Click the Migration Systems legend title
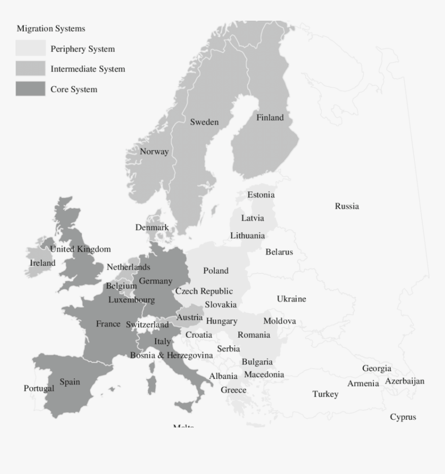pos(51,28)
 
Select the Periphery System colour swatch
pos(31,49)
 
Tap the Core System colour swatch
pos(31,89)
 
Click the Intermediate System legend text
pos(87,69)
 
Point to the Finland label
pos(270,117)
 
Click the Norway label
pos(154,151)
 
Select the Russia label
pos(347,206)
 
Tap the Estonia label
pos(261,195)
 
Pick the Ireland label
pos(42,263)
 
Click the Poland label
pos(216,270)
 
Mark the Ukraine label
pos(291,299)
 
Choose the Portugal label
pos(39,388)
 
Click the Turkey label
pos(325,394)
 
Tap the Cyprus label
pos(403,417)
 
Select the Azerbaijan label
pos(405,381)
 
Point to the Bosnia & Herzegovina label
pos(171,355)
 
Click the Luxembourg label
pos(131,300)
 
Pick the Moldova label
pos(279,321)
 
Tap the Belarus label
pos(279,252)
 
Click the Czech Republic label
pos(204,292)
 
